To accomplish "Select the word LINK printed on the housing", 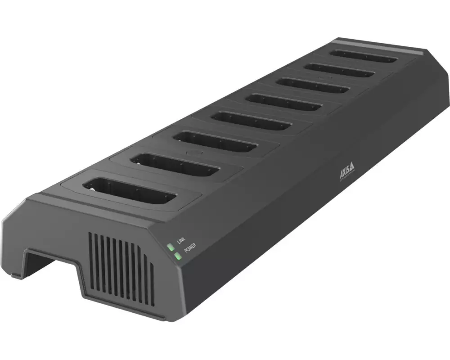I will pos(181,241).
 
